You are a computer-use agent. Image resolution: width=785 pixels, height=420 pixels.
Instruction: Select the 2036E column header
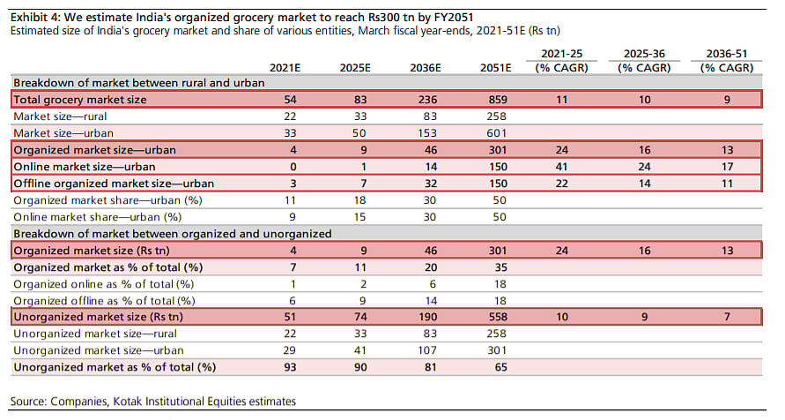pyautogui.click(x=427, y=67)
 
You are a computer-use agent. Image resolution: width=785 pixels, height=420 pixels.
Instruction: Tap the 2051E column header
pyautogui.click(x=497, y=67)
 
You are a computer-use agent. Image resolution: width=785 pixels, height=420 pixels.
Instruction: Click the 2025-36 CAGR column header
pyautogui.click(x=643, y=60)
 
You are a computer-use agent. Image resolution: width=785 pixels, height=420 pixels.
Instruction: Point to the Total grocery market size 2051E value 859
pyautogui.click(x=497, y=100)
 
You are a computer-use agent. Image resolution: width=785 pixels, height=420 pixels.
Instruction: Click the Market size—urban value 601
pyautogui.click(x=497, y=132)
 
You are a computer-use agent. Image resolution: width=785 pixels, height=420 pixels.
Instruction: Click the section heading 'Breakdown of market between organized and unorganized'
pyautogui.click(x=172, y=233)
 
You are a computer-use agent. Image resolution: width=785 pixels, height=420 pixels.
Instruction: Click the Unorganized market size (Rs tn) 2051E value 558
pyautogui.click(x=497, y=317)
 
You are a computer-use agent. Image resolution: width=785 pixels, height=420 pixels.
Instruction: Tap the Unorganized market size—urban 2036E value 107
pyautogui.click(x=427, y=350)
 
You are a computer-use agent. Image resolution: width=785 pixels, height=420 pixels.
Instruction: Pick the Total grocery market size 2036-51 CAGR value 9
pyautogui.click(x=727, y=100)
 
